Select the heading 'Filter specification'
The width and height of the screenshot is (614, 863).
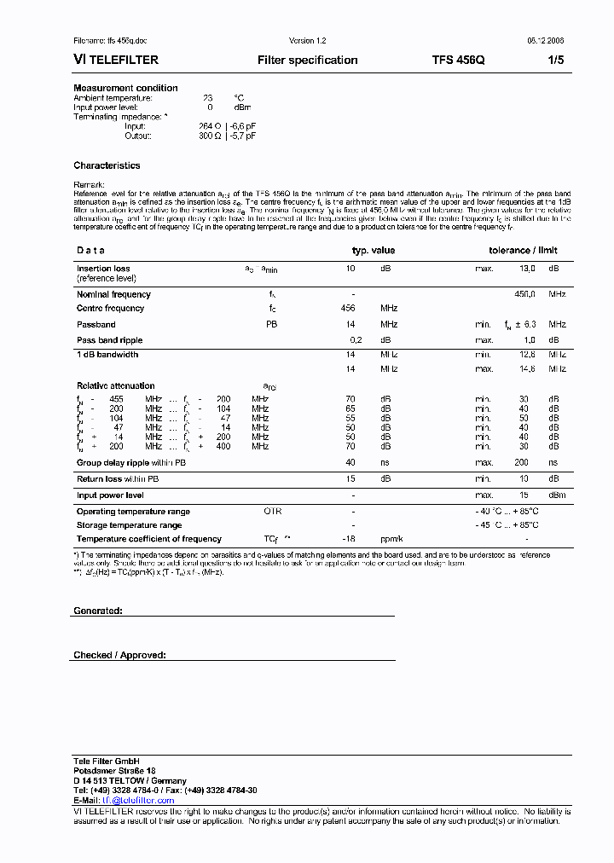tap(307, 61)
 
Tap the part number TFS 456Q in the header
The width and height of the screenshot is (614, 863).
tap(459, 61)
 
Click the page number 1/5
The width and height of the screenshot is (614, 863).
tap(555, 61)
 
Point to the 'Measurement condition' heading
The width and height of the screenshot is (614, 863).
tap(125, 88)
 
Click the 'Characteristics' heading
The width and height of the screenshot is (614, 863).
tap(107, 165)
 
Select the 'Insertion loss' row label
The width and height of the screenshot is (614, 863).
tap(103, 269)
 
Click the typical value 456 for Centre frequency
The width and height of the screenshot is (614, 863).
tap(348, 309)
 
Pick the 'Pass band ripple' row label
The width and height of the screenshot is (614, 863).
tap(109, 340)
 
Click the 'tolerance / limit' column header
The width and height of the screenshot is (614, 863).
tap(522, 251)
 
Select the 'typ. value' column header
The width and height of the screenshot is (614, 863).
tap(374, 251)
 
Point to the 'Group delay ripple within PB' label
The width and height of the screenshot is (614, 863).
tap(130, 463)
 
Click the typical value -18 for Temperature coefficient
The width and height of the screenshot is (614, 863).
tap(348, 539)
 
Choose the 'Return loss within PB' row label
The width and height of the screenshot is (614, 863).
tap(119, 479)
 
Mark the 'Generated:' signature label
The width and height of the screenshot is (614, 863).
tap(98, 611)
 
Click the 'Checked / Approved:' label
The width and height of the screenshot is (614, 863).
tap(119, 655)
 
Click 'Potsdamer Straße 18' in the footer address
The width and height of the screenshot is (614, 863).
tap(114, 771)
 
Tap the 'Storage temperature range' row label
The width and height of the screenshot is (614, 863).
tap(128, 525)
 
